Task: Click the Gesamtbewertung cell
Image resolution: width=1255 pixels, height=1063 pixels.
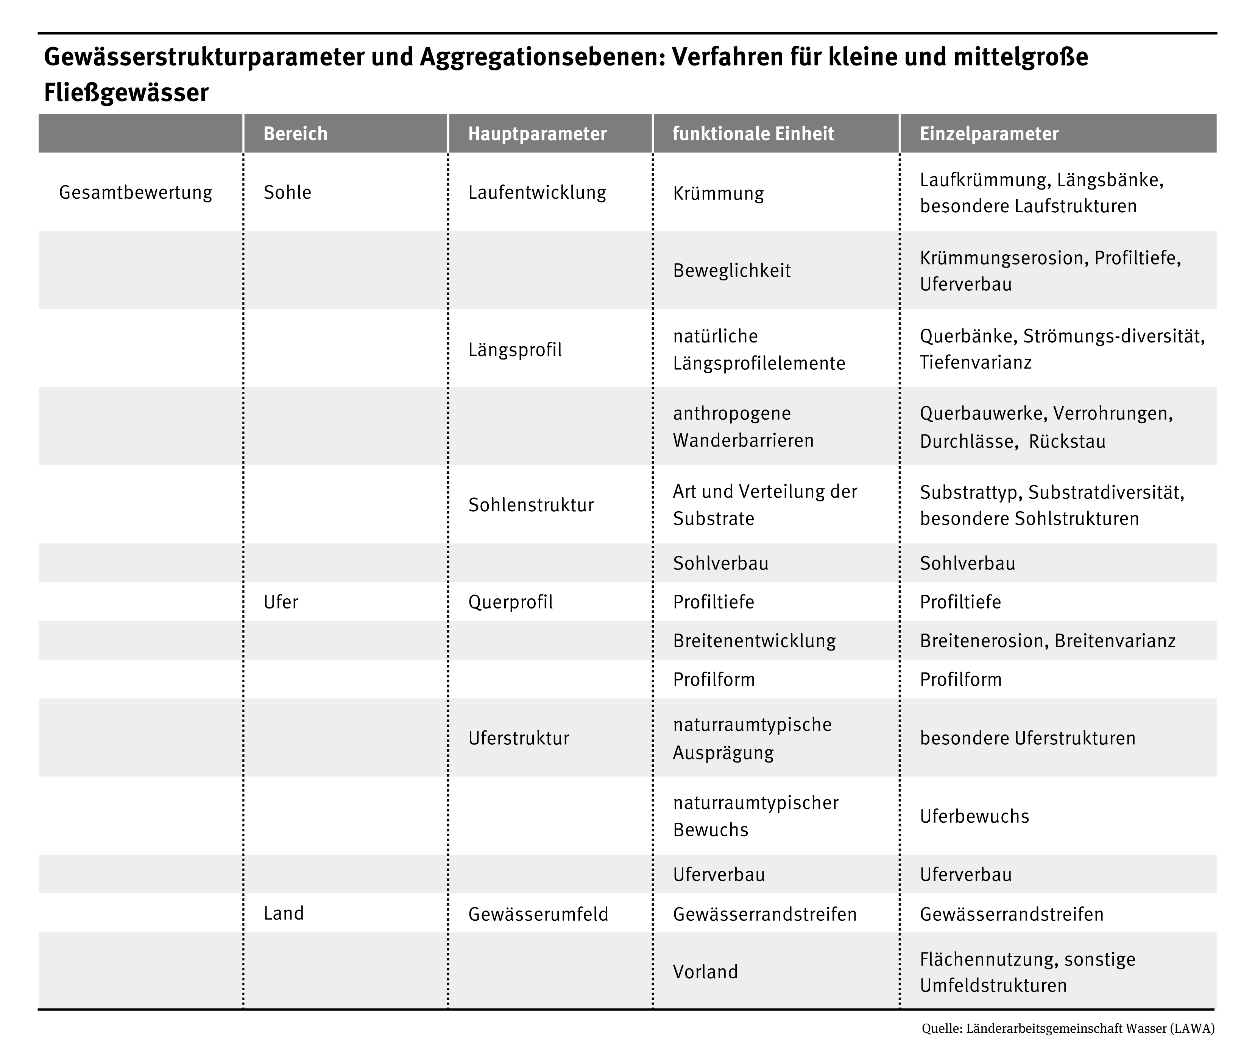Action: point(136,192)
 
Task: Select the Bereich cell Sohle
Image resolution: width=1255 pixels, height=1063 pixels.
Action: point(287,192)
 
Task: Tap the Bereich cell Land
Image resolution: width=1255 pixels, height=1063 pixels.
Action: point(283,913)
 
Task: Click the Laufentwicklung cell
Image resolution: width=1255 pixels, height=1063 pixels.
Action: point(537,192)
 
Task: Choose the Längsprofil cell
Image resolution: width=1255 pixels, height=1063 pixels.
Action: point(515,350)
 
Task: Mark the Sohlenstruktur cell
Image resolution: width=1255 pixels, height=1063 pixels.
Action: point(530,505)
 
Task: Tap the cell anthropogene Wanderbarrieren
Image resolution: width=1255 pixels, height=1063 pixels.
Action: point(743,426)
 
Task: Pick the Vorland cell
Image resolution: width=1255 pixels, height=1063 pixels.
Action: point(705,971)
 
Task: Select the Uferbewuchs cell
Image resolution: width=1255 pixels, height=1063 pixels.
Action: point(974,816)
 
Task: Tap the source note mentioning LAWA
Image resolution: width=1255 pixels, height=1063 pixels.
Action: point(1068,1028)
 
